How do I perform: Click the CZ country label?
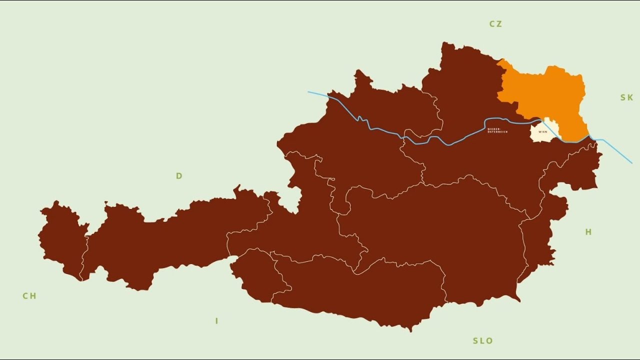click(x=495, y=24)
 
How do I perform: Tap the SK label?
click(x=626, y=97)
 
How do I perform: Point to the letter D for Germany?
click(x=179, y=176)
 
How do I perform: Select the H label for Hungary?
click(x=588, y=232)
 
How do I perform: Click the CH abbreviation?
click(x=29, y=296)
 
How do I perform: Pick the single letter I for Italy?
click(x=216, y=321)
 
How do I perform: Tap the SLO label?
click(x=482, y=341)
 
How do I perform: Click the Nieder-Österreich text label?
click(x=497, y=130)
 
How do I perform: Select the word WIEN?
click(x=542, y=132)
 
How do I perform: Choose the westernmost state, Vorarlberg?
click(x=62, y=240)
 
